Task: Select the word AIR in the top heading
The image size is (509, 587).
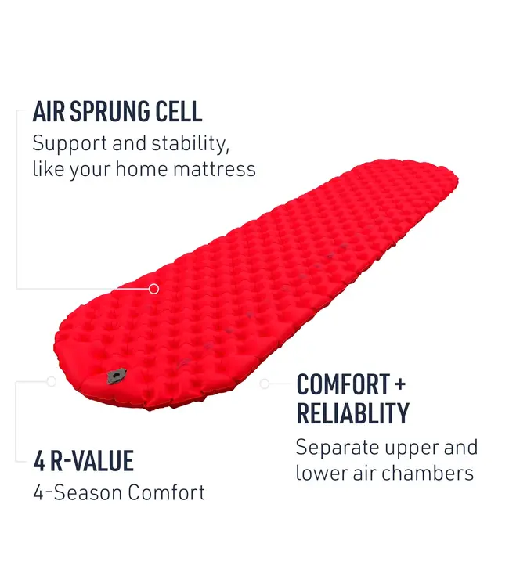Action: click(x=47, y=111)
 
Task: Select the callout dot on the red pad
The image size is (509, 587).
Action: click(x=153, y=289)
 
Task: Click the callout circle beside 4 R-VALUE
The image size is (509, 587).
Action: click(x=52, y=382)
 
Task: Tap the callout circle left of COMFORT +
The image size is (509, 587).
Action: click(x=265, y=384)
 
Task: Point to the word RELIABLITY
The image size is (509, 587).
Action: click(x=352, y=412)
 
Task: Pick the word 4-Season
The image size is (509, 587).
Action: click(x=77, y=492)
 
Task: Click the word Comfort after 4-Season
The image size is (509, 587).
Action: click(x=166, y=492)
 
